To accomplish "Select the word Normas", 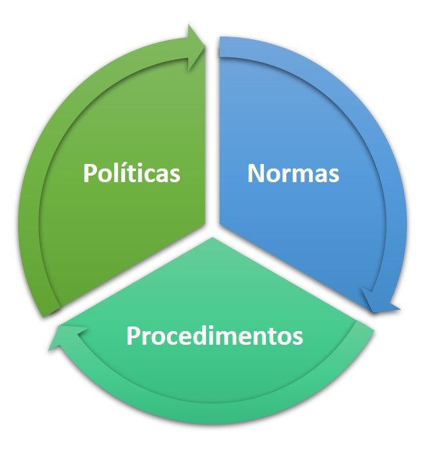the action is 293,173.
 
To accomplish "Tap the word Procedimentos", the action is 214,336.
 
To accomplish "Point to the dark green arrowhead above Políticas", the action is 196,48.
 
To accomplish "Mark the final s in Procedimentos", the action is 298,338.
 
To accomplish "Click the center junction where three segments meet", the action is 212,230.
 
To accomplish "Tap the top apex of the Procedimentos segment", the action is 212,238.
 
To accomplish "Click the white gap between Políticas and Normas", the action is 212,133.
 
